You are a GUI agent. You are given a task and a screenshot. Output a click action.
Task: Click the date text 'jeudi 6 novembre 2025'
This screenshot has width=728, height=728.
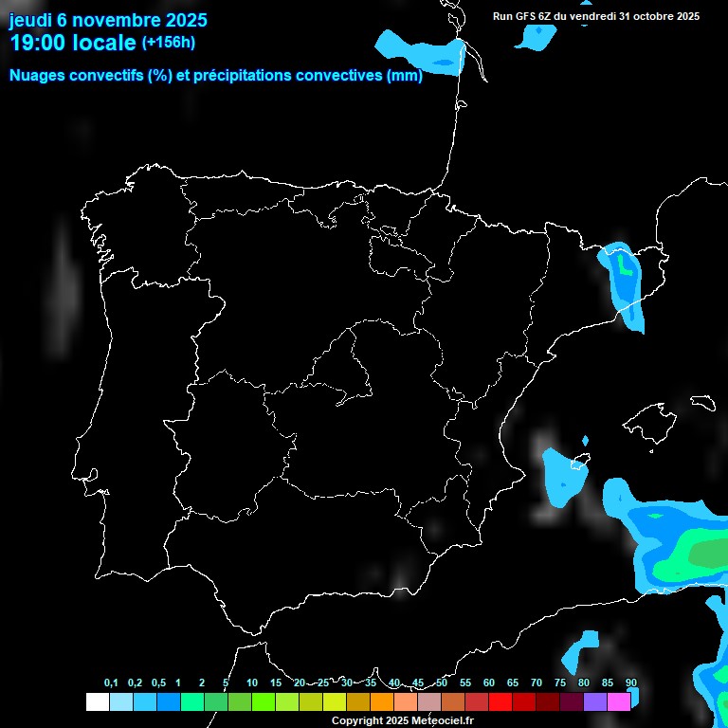(108, 20)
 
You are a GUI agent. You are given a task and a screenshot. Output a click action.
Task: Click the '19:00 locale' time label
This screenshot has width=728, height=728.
(72, 43)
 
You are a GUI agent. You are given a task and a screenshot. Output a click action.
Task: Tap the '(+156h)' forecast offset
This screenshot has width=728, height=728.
(169, 43)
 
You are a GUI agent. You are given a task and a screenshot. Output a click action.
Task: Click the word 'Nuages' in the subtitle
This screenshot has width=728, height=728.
(39, 76)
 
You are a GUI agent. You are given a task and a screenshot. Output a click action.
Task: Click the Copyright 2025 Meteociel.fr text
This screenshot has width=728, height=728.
(402, 720)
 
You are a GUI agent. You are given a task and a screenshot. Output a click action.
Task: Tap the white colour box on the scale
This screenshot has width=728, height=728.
(97, 701)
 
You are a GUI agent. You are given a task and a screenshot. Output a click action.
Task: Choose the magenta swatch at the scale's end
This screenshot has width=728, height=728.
(619, 701)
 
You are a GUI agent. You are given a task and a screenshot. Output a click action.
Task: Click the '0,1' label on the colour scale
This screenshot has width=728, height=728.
(111, 683)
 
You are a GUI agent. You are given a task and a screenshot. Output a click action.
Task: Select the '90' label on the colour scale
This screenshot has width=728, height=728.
(631, 683)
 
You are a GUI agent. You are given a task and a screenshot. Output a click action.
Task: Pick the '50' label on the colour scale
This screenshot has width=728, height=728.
(442, 683)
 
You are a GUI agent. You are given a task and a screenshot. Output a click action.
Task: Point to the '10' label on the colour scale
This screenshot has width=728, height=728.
(252, 683)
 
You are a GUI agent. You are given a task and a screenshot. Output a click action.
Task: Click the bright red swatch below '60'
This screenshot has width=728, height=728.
(500, 701)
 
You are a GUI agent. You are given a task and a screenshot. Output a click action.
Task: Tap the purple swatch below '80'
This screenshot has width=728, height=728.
(595, 701)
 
